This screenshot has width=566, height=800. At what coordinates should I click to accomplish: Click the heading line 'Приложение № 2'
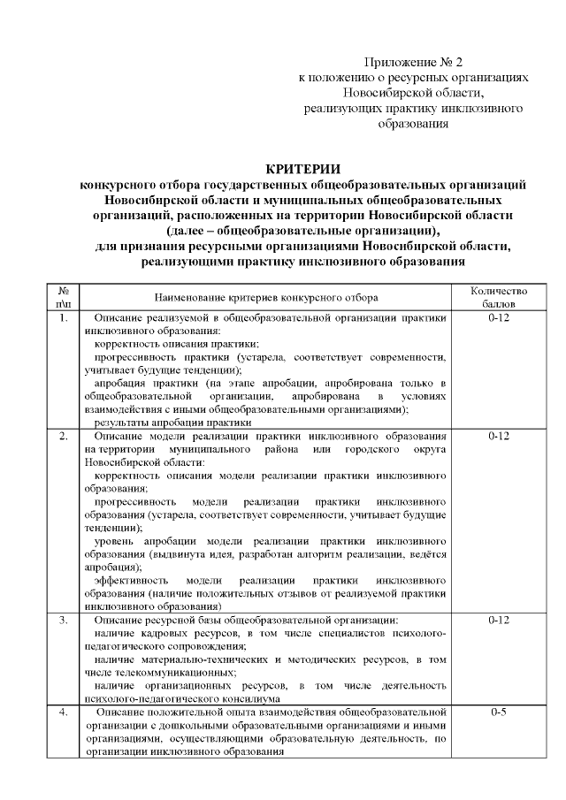[414, 62]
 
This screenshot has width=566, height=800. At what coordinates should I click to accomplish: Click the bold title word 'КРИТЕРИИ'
[303, 170]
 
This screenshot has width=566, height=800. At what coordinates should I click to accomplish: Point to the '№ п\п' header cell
[64, 296]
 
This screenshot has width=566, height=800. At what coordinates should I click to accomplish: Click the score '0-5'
[499, 712]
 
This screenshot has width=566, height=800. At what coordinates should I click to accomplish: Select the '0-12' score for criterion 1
[499, 316]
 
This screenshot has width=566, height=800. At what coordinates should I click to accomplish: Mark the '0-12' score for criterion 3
[499, 621]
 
